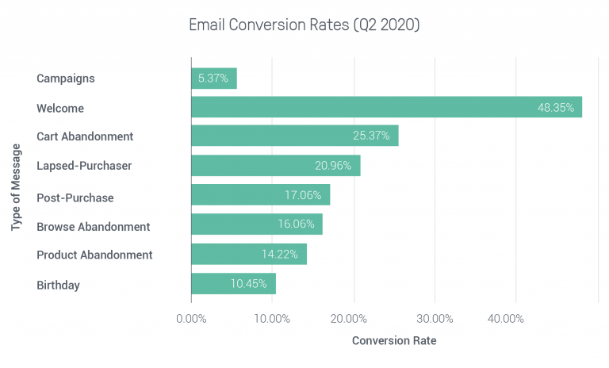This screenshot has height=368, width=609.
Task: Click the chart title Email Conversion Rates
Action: (304, 25)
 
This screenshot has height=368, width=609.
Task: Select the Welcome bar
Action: (386, 107)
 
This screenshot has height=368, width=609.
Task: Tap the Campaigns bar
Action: (213, 78)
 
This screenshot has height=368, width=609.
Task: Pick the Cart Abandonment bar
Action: (294, 136)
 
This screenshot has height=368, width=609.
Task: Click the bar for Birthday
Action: (233, 284)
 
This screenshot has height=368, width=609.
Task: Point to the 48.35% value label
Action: (555, 108)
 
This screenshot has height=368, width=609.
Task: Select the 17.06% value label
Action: (303, 195)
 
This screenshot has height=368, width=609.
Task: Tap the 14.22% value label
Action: (280, 255)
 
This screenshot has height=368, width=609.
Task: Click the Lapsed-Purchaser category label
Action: (84, 166)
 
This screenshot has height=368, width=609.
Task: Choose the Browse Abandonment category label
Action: (93, 227)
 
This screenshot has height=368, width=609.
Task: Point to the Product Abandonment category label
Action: (94, 255)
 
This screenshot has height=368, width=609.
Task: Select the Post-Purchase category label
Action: (75, 197)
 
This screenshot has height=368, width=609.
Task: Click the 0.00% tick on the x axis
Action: (191, 319)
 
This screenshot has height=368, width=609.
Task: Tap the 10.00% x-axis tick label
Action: (272, 319)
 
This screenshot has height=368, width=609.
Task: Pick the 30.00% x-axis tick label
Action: (435, 319)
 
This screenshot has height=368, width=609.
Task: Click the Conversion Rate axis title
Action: (394, 341)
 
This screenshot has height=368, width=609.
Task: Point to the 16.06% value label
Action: (295, 225)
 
